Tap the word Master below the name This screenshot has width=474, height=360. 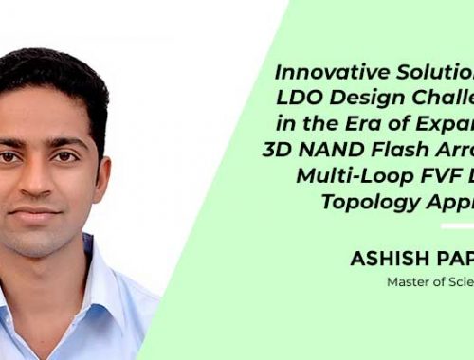409,281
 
